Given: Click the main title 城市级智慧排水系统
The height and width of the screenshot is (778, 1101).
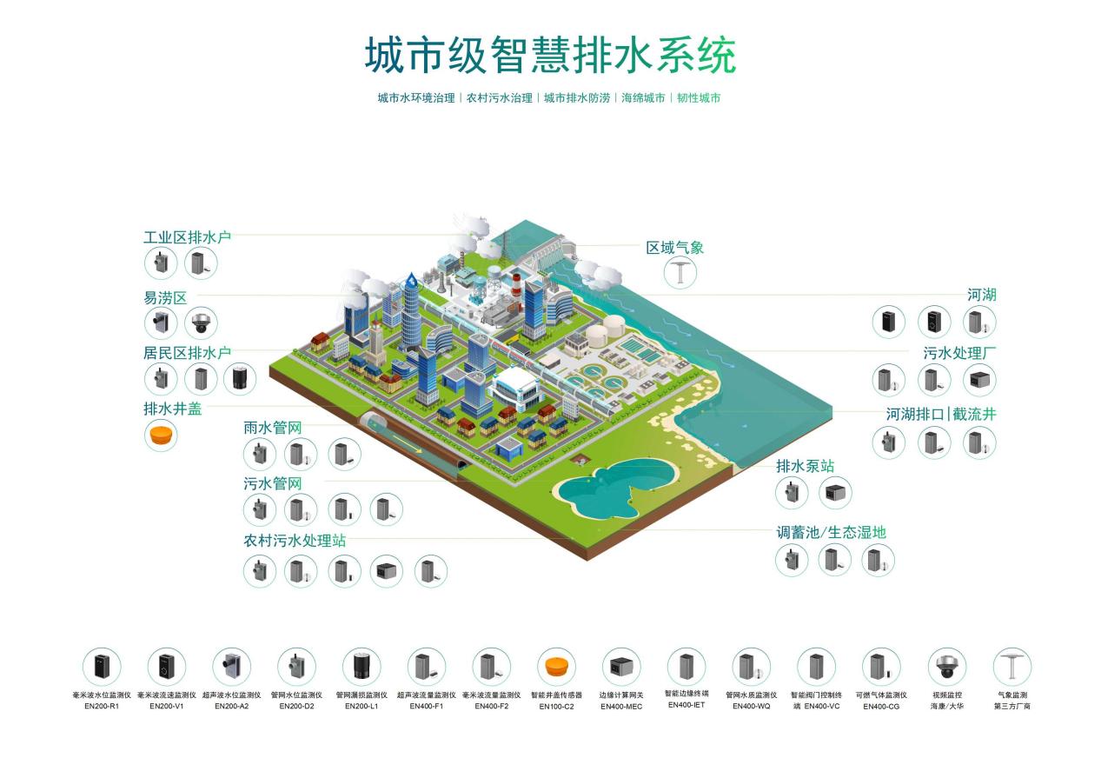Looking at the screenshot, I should click(549, 56).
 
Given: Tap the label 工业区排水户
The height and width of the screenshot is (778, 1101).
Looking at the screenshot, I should click(187, 237).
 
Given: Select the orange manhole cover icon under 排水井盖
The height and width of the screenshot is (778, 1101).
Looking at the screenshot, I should click(160, 435).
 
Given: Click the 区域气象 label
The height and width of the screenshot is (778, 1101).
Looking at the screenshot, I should click(674, 248).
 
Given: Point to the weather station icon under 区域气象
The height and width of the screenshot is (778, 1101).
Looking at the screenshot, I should click(681, 272).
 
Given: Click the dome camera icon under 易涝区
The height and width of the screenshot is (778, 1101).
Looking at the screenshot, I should click(201, 323).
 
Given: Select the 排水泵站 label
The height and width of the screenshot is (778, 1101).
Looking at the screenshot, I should click(805, 467).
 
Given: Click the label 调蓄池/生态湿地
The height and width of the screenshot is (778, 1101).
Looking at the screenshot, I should click(831, 532).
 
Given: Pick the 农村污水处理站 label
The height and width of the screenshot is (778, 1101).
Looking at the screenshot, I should click(295, 540).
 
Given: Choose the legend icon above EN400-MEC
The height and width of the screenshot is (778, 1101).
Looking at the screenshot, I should click(621, 667).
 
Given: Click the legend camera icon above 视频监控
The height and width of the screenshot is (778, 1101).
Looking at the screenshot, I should click(946, 667).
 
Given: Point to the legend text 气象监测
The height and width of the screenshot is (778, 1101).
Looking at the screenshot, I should click(1011, 695).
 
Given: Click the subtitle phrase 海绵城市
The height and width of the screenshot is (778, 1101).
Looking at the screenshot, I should click(643, 98).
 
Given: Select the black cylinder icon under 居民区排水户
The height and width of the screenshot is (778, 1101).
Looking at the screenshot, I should click(240, 379).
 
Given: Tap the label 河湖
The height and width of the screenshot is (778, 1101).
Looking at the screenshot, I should click(982, 295).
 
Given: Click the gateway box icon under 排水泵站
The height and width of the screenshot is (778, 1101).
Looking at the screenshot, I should click(835, 493).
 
